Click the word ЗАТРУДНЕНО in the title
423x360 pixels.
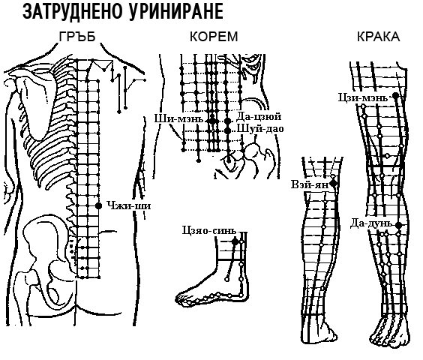pos(72,12)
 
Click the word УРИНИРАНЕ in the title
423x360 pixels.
pos(175,12)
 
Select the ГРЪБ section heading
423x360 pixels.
pos(77,37)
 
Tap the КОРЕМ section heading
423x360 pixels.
pos(214,37)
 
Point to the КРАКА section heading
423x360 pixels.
pos(379,37)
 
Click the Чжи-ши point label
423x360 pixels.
pos(129,206)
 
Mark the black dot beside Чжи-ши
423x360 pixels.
pos(99,206)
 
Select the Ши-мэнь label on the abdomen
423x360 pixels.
pos(178,118)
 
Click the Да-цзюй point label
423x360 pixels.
pos(259,116)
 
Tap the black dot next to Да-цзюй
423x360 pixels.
pos(228,121)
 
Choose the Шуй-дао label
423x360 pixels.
pos(260,129)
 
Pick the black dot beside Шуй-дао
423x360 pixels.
pos(228,130)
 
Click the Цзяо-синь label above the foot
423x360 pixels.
pos(209,231)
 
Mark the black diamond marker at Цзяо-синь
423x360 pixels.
pos(235,241)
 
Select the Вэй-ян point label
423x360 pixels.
pos(310,184)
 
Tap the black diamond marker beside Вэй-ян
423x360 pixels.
pos(334,184)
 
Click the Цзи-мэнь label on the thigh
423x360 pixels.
pos(363,97)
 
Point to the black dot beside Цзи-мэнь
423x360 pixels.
pos(395,95)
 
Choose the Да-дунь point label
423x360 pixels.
pos(371,223)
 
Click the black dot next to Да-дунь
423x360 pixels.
pos(398,225)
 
